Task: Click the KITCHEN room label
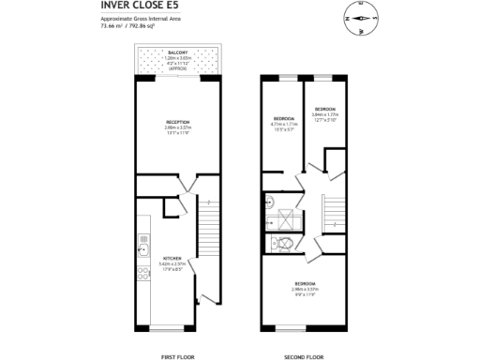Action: pyautogui.click(x=172, y=258)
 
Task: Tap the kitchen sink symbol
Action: pyautogui.click(x=142, y=249)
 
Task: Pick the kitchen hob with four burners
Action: pyautogui.click(x=142, y=274)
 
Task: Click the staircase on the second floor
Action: pyautogui.click(x=335, y=213)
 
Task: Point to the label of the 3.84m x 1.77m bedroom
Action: pyautogui.click(x=324, y=109)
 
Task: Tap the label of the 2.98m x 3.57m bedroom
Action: pyautogui.click(x=305, y=282)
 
